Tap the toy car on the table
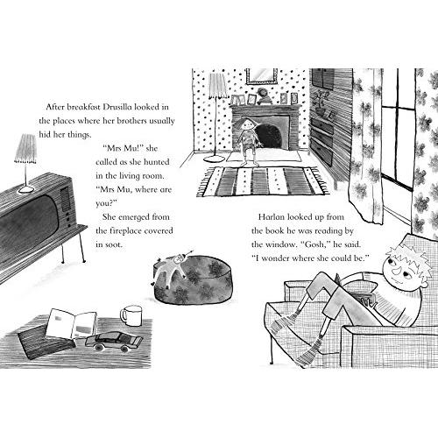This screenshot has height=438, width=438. click(114, 342)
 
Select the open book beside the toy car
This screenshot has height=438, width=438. click(72, 323)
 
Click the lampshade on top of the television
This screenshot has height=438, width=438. click(25, 149)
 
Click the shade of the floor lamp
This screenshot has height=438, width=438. click(218, 85)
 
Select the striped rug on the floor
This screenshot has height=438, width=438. click(264, 180)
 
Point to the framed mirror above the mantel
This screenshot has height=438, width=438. click(261, 76)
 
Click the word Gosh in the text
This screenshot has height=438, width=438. click(316, 244)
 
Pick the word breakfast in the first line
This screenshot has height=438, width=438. click(84, 107)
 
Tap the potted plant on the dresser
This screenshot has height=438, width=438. click(321, 103)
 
